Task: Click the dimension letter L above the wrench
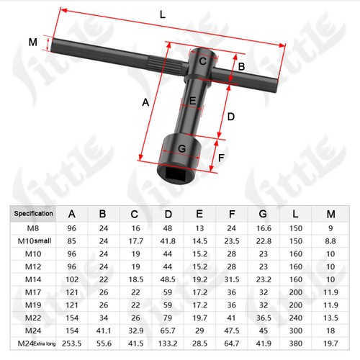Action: point(163,15)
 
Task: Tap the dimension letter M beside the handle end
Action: point(33,42)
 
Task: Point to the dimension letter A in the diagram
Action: point(145,102)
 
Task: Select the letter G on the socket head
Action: point(182,148)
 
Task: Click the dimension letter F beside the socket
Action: point(221,158)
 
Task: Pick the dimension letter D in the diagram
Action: point(230,117)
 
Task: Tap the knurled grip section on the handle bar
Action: point(165,65)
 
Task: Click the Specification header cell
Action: point(33,214)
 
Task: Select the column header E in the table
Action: point(199,214)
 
